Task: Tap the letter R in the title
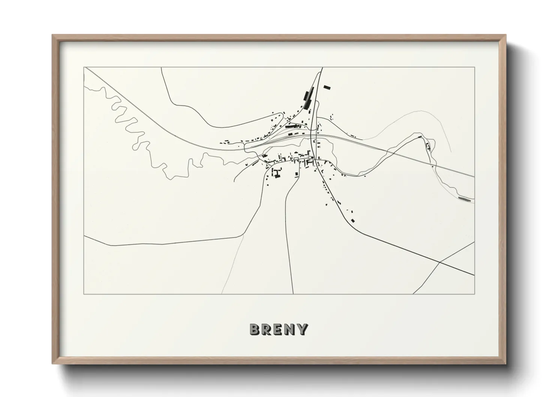pos(267,329)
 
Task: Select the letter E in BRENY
pos(279,329)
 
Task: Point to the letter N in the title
pos(290,329)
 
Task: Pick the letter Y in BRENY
pos(302,329)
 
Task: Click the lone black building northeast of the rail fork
pos(327,88)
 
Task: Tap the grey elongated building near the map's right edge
pos(464,198)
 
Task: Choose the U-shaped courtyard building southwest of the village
pos(277,173)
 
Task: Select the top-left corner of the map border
pos(84,68)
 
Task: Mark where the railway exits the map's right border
pos(474,176)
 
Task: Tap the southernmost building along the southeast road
pos(353,220)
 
